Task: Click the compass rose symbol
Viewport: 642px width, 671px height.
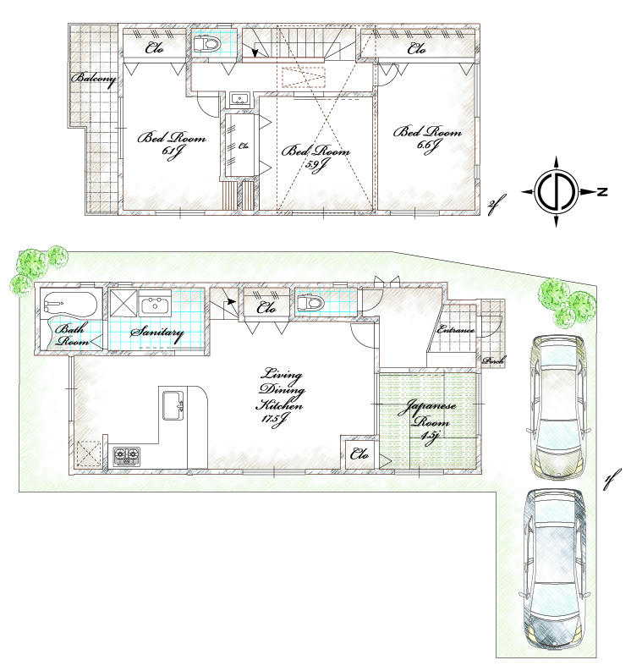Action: [557, 192]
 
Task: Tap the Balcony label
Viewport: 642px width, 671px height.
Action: [94, 79]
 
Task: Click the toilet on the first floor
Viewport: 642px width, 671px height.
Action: [310, 303]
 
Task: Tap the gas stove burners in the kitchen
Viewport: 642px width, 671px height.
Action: [127, 456]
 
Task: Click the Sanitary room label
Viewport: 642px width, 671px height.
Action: [156, 333]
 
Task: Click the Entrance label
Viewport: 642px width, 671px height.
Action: [456, 329]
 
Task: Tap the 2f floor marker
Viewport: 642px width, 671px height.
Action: [495, 204]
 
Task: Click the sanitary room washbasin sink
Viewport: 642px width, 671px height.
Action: [156, 304]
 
